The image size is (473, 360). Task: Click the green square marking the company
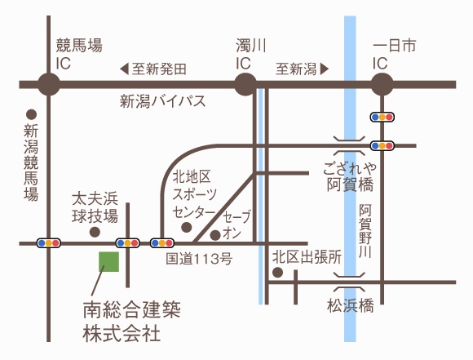(x=109, y=262)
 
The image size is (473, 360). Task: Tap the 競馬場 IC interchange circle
(x=49, y=84)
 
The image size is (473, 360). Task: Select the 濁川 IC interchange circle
(x=245, y=84)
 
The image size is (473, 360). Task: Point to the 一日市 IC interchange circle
(x=382, y=84)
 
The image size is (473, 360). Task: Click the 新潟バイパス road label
(x=163, y=101)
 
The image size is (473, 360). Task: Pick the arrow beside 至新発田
(x=124, y=69)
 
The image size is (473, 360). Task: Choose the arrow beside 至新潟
(x=325, y=69)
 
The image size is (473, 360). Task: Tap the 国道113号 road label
(x=199, y=259)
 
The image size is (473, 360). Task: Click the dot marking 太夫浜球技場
(x=95, y=232)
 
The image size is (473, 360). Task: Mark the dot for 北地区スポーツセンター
(x=187, y=227)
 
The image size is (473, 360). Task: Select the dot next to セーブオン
(x=215, y=235)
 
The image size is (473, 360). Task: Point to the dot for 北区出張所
(x=277, y=273)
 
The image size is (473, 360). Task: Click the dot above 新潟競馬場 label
(x=31, y=114)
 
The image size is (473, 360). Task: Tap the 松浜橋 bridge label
(x=351, y=305)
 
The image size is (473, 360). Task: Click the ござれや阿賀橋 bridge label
(x=350, y=177)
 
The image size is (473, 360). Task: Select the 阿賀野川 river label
(x=365, y=231)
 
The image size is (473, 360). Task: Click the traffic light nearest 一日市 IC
(x=382, y=118)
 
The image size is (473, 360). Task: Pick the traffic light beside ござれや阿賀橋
(x=382, y=146)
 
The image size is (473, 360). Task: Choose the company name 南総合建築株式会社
(x=132, y=322)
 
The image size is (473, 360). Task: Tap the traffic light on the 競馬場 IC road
(x=49, y=243)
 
